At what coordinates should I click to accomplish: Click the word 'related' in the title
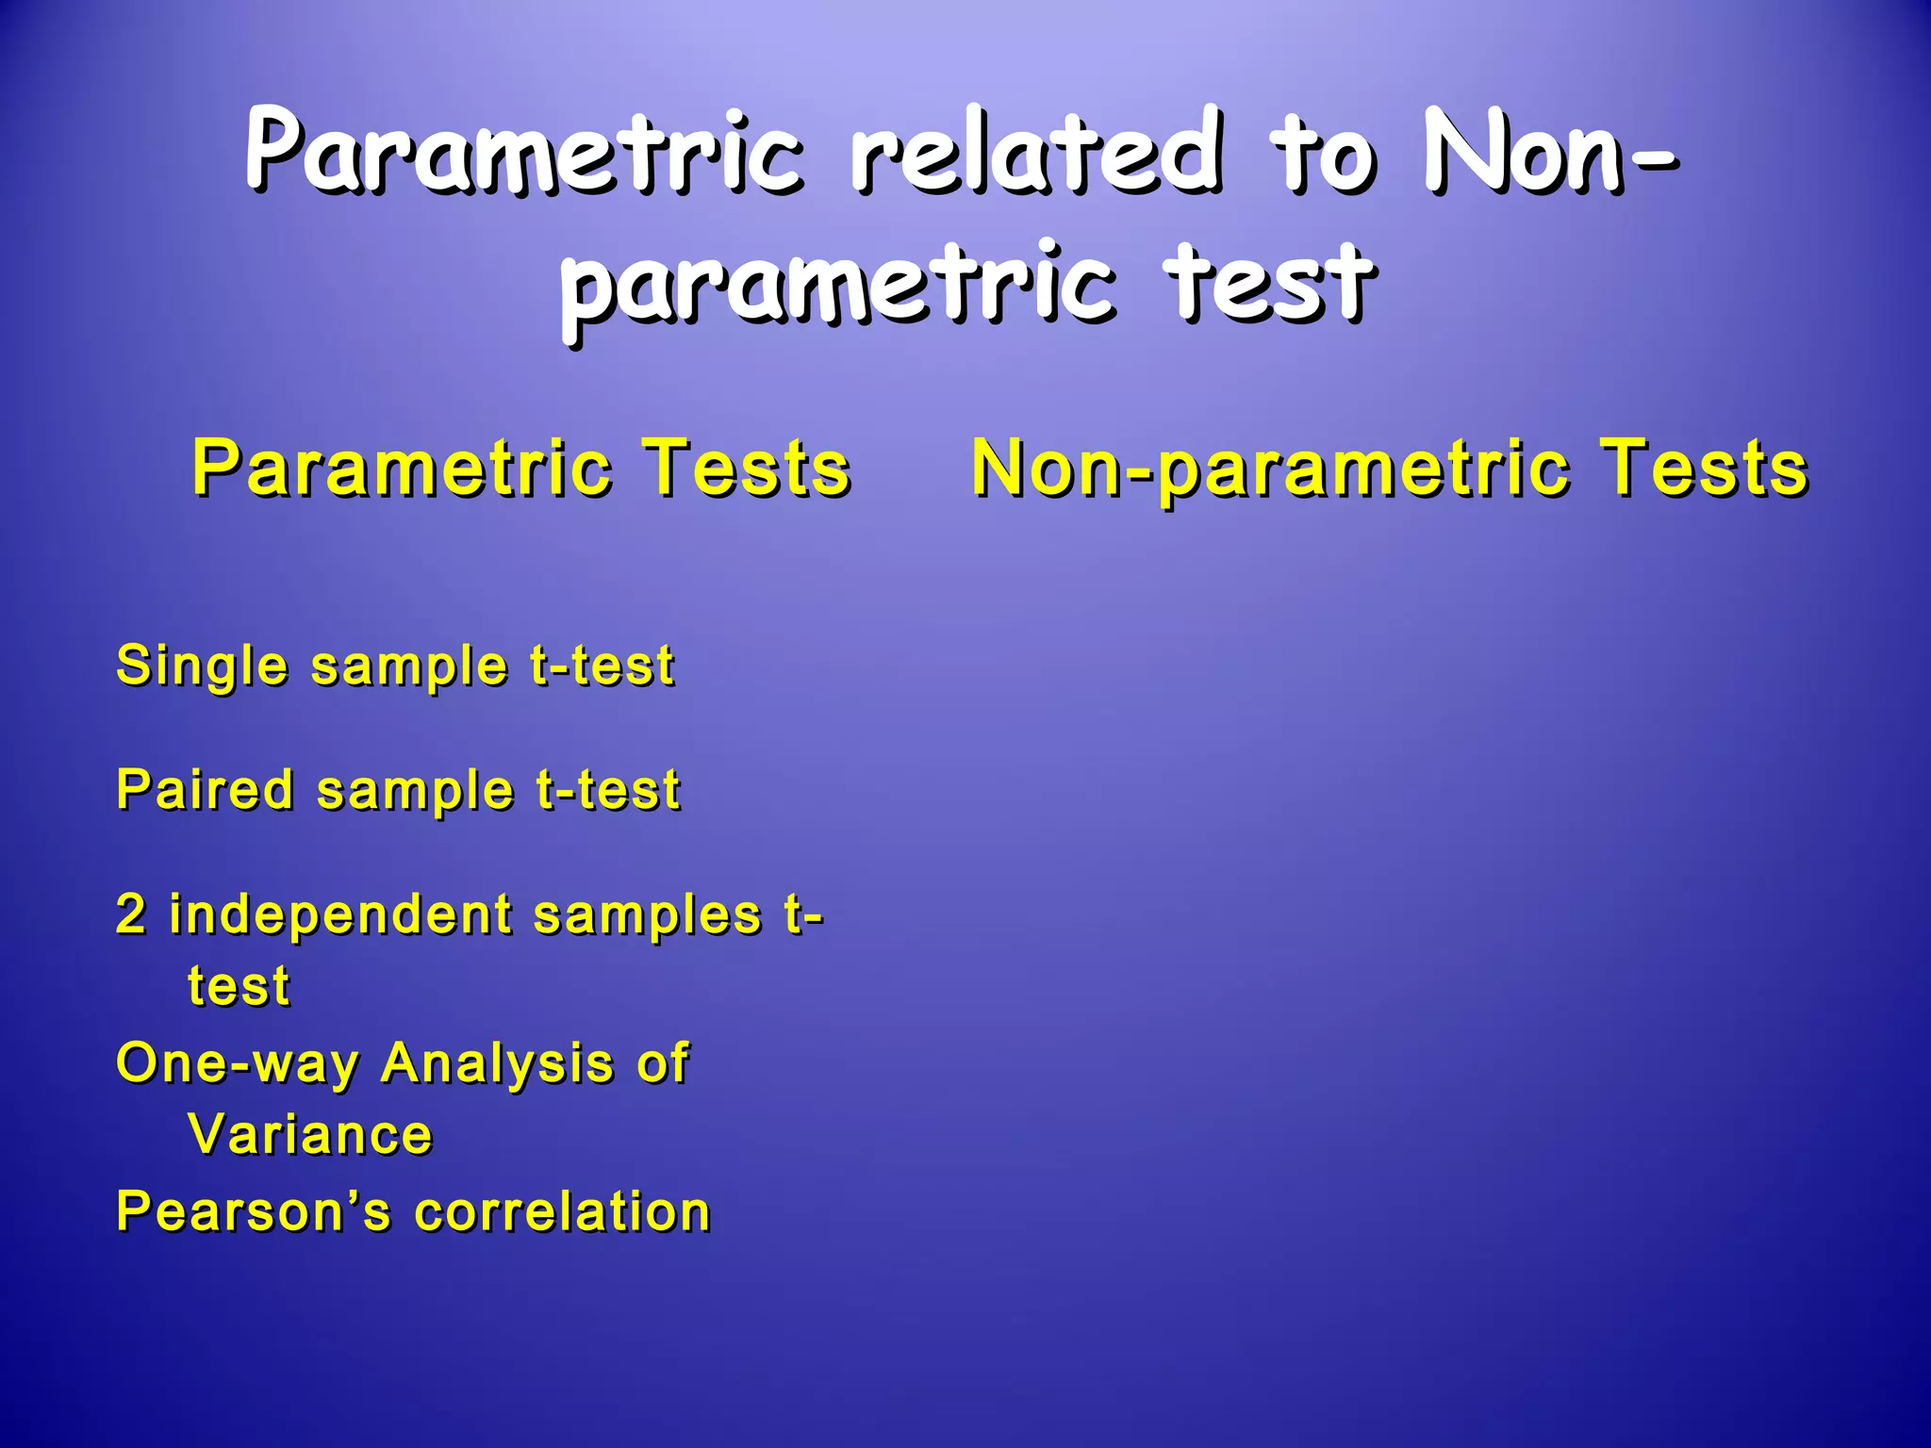[x=1037, y=151]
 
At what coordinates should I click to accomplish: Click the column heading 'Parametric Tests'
[x=521, y=468]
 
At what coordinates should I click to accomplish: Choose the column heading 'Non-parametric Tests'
[x=1390, y=468]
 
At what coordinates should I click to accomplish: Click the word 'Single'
[x=202, y=666]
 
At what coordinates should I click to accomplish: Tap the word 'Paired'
[x=205, y=789]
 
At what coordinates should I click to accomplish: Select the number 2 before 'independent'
[x=131, y=914]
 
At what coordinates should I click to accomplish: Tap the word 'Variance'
[x=310, y=1134]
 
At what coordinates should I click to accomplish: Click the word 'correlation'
[x=562, y=1211]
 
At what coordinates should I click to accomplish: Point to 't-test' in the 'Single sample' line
[x=602, y=666]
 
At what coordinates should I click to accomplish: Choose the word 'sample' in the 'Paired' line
[x=415, y=791]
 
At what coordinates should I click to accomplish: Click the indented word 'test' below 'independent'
[x=239, y=987]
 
